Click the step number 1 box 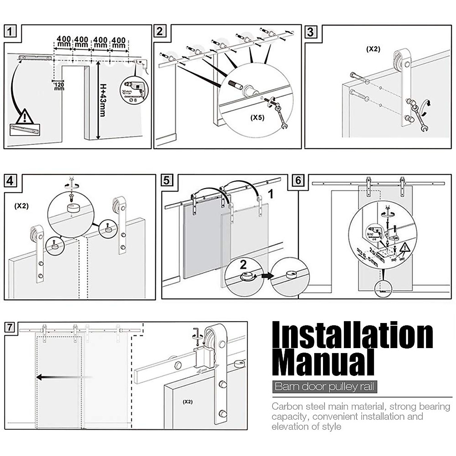click(x=10, y=31)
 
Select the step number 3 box click(x=310, y=32)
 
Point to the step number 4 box click(x=10, y=180)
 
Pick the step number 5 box click(x=166, y=180)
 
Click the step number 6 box click(x=298, y=180)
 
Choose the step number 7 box click(x=10, y=327)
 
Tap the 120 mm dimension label click(x=59, y=86)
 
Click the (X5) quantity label click(x=257, y=117)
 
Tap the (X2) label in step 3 click(x=373, y=49)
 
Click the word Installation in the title click(x=353, y=336)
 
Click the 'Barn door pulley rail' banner click(x=325, y=387)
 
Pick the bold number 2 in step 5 click(x=243, y=263)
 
